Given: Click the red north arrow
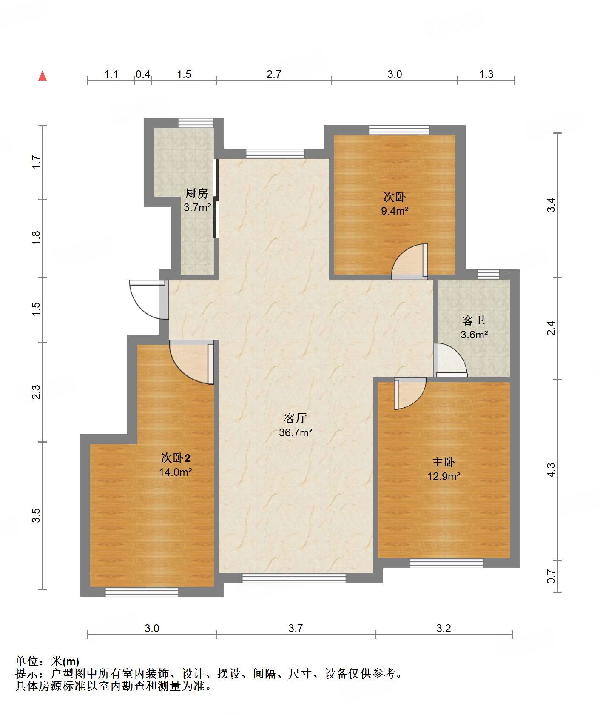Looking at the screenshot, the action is tap(43, 76).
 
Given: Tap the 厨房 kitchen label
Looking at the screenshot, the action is tap(197, 194).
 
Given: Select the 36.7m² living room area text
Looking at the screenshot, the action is tap(296, 432).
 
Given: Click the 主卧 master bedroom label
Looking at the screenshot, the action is tap(444, 462).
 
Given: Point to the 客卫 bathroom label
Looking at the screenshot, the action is tap(474, 320).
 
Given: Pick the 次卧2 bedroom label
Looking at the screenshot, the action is tap(176, 458).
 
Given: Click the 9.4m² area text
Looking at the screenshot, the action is tap(395, 210).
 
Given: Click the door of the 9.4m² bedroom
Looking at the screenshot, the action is tap(409, 261).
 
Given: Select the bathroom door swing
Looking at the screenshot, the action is tap(451, 360).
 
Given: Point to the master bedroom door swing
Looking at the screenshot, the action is tap(410, 393).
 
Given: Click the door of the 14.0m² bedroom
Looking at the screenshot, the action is tap(191, 362).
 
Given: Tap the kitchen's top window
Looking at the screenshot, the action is tap(196, 123).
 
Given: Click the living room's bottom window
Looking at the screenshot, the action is tap(294, 578).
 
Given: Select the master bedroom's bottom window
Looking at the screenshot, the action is tap(446, 563).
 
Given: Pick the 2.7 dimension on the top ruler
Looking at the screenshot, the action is tap(274, 74).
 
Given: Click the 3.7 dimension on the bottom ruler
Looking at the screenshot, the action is tap(296, 628).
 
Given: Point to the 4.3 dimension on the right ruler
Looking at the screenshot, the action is tap(551, 470).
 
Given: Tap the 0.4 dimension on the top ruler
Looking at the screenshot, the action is tap(143, 74).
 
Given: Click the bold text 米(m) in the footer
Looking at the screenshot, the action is tap(65, 661).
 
